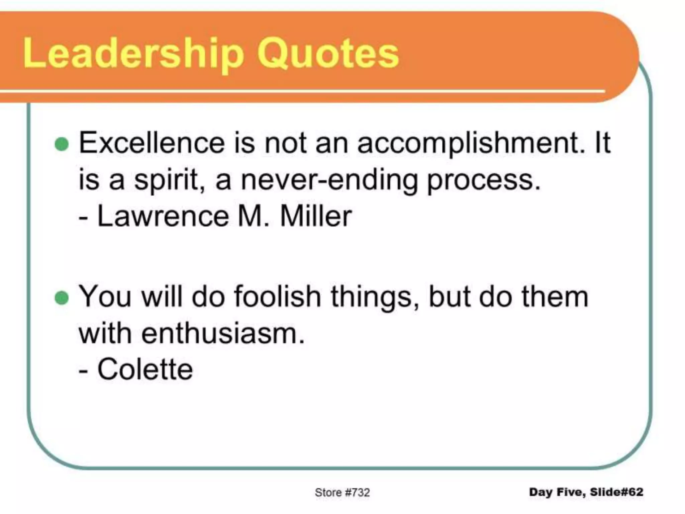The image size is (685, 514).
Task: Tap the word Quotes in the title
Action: coord(328,54)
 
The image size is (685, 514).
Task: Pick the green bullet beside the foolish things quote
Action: coord(62,298)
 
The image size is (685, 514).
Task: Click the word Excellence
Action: coord(152,143)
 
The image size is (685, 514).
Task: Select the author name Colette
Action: coord(145,369)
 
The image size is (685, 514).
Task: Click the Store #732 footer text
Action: coord(342,492)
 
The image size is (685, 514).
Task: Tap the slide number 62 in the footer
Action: coord(635,492)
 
